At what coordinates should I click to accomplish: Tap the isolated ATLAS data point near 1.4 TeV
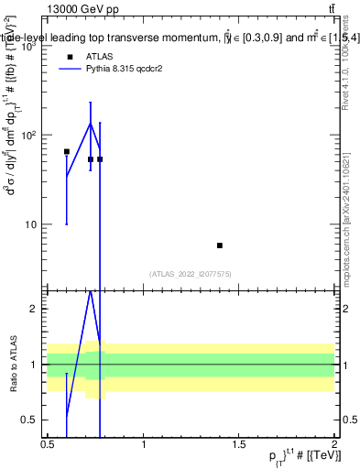220,245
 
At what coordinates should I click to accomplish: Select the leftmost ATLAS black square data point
66,151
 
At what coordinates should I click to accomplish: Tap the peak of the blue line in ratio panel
90,290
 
